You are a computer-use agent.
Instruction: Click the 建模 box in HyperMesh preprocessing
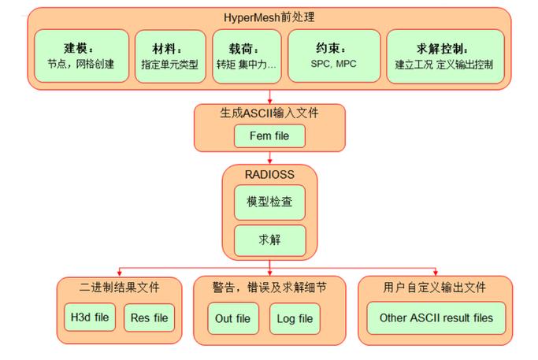[x=82, y=56]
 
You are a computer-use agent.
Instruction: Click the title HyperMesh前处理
[x=269, y=16]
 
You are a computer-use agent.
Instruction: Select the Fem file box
[x=269, y=135]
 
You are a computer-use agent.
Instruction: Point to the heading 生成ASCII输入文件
[x=269, y=113]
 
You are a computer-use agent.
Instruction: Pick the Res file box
[x=150, y=318]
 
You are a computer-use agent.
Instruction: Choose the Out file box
[x=232, y=318]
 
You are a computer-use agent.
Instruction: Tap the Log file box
[x=295, y=318]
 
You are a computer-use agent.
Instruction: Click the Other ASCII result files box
[x=436, y=318]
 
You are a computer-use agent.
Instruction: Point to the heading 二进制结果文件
[x=120, y=288]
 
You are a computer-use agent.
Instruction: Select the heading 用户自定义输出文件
[x=436, y=288]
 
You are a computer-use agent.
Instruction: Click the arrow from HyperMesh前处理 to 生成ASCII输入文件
[x=269, y=96]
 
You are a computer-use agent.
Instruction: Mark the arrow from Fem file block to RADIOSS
[x=269, y=158]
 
